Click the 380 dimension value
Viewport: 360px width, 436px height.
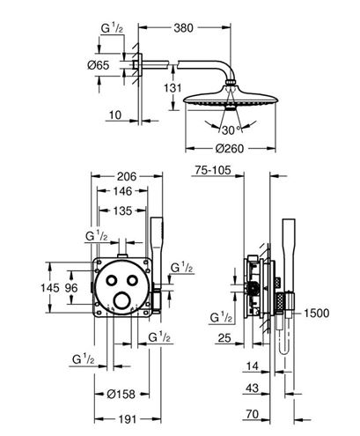[x=184, y=28]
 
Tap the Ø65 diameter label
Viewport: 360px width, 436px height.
[x=99, y=65]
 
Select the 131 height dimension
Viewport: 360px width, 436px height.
[x=173, y=88]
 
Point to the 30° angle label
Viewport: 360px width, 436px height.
[x=231, y=130]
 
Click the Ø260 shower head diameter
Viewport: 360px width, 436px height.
[x=230, y=149]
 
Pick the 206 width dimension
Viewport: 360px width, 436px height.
[x=127, y=176]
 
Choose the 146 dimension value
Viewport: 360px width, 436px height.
[x=122, y=191]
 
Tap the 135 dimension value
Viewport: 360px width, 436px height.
[x=122, y=211]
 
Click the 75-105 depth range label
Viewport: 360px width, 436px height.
[x=213, y=170]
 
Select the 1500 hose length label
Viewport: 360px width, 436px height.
[x=316, y=314]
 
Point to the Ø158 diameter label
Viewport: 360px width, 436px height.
[x=121, y=394]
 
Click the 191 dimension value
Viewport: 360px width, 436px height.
[x=127, y=419]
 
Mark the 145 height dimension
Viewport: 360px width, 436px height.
[x=50, y=288]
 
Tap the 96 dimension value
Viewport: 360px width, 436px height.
[x=71, y=288]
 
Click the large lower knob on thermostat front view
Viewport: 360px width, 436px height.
[x=121, y=300]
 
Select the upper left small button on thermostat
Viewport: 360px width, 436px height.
[x=111, y=280]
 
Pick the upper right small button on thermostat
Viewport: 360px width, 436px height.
[x=132, y=280]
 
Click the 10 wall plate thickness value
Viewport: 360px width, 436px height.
[x=115, y=115]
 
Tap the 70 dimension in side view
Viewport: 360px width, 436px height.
[x=253, y=414]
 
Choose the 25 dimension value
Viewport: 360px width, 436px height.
[x=224, y=338]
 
